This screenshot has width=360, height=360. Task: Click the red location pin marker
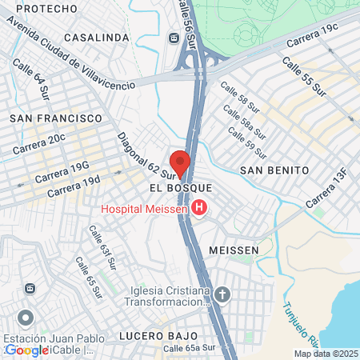180,162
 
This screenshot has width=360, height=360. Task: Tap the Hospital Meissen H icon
199,210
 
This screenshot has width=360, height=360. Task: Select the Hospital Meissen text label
144,210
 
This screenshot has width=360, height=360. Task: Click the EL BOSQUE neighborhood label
180,186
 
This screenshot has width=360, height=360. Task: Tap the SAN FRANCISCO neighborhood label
56,118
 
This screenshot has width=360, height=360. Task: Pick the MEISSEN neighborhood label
234,250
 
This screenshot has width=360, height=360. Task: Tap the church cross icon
223,294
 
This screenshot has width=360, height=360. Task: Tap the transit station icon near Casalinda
173,38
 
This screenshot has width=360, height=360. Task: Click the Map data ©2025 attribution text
326,354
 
